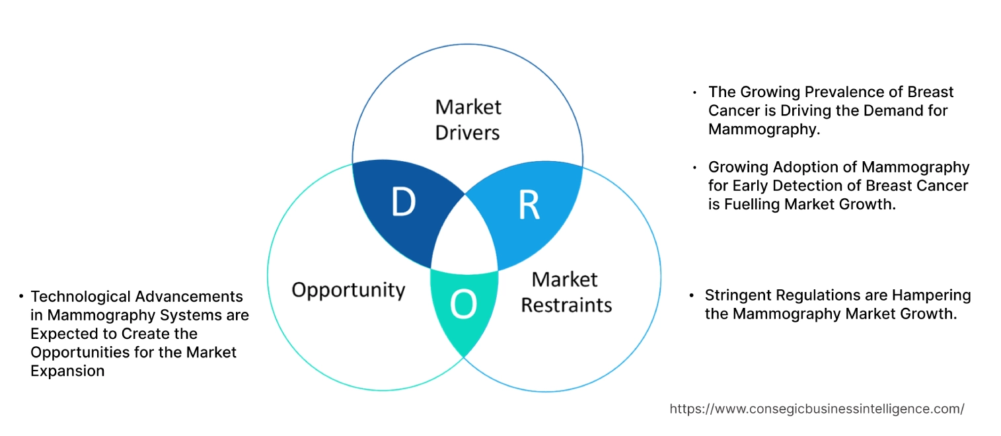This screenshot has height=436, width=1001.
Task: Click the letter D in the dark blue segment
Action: [403, 203]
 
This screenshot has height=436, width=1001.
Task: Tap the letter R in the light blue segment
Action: [529, 205]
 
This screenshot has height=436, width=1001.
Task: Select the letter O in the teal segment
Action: [463, 305]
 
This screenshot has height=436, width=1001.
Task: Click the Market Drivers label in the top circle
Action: [468, 120]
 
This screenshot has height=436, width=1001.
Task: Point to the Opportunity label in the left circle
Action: [348, 289]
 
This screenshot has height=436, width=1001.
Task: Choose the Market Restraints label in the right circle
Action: [566, 291]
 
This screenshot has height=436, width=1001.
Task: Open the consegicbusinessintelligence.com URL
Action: [817, 409]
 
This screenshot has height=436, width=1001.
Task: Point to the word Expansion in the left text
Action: [67, 371]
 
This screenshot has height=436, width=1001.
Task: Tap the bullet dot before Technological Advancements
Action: [22, 297]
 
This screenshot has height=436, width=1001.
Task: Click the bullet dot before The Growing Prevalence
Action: [694, 92]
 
